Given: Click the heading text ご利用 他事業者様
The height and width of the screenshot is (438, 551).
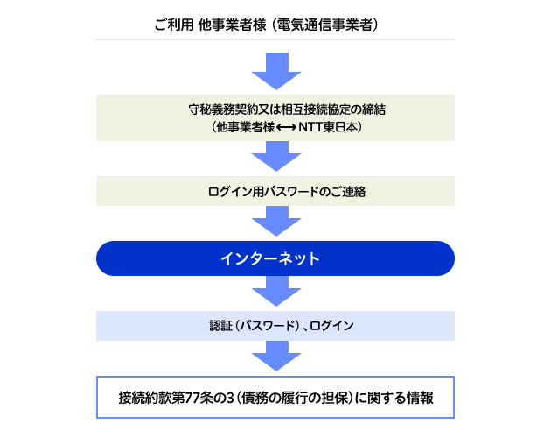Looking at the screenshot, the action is click(x=210, y=25).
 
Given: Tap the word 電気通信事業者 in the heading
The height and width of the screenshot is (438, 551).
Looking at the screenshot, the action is click(x=324, y=25).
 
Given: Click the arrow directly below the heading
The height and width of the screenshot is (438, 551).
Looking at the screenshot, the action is click(x=276, y=71).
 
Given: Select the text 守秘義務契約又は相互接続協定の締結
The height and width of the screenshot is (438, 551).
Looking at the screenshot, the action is click(x=287, y=109).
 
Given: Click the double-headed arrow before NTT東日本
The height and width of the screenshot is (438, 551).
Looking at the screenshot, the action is click(x=286, y=127).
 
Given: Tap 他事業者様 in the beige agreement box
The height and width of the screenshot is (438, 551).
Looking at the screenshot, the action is click(x=245, y=127).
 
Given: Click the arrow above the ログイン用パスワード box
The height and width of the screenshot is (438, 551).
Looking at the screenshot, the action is click(x=276, y=156).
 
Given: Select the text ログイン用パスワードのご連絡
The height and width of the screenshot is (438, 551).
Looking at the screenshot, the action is click(x=287, y=192).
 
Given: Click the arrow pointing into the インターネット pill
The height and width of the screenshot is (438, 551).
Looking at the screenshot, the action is click(x=276, y=221).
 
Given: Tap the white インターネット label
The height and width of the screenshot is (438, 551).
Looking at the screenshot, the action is click(x=270, y=258).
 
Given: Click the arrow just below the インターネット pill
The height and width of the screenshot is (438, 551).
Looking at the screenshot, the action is click(x=276, y=291).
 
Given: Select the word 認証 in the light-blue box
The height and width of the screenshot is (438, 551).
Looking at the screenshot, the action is click(x=221, y=326).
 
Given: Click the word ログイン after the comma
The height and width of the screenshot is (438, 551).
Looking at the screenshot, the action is click(x=331, y=326).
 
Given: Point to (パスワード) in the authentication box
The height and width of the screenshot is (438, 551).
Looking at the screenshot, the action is click(x=268, y=326).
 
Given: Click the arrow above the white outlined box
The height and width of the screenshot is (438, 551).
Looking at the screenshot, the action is click(x=276, y=356).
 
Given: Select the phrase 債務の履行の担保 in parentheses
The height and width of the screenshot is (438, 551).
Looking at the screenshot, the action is click(x=295, y=398).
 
